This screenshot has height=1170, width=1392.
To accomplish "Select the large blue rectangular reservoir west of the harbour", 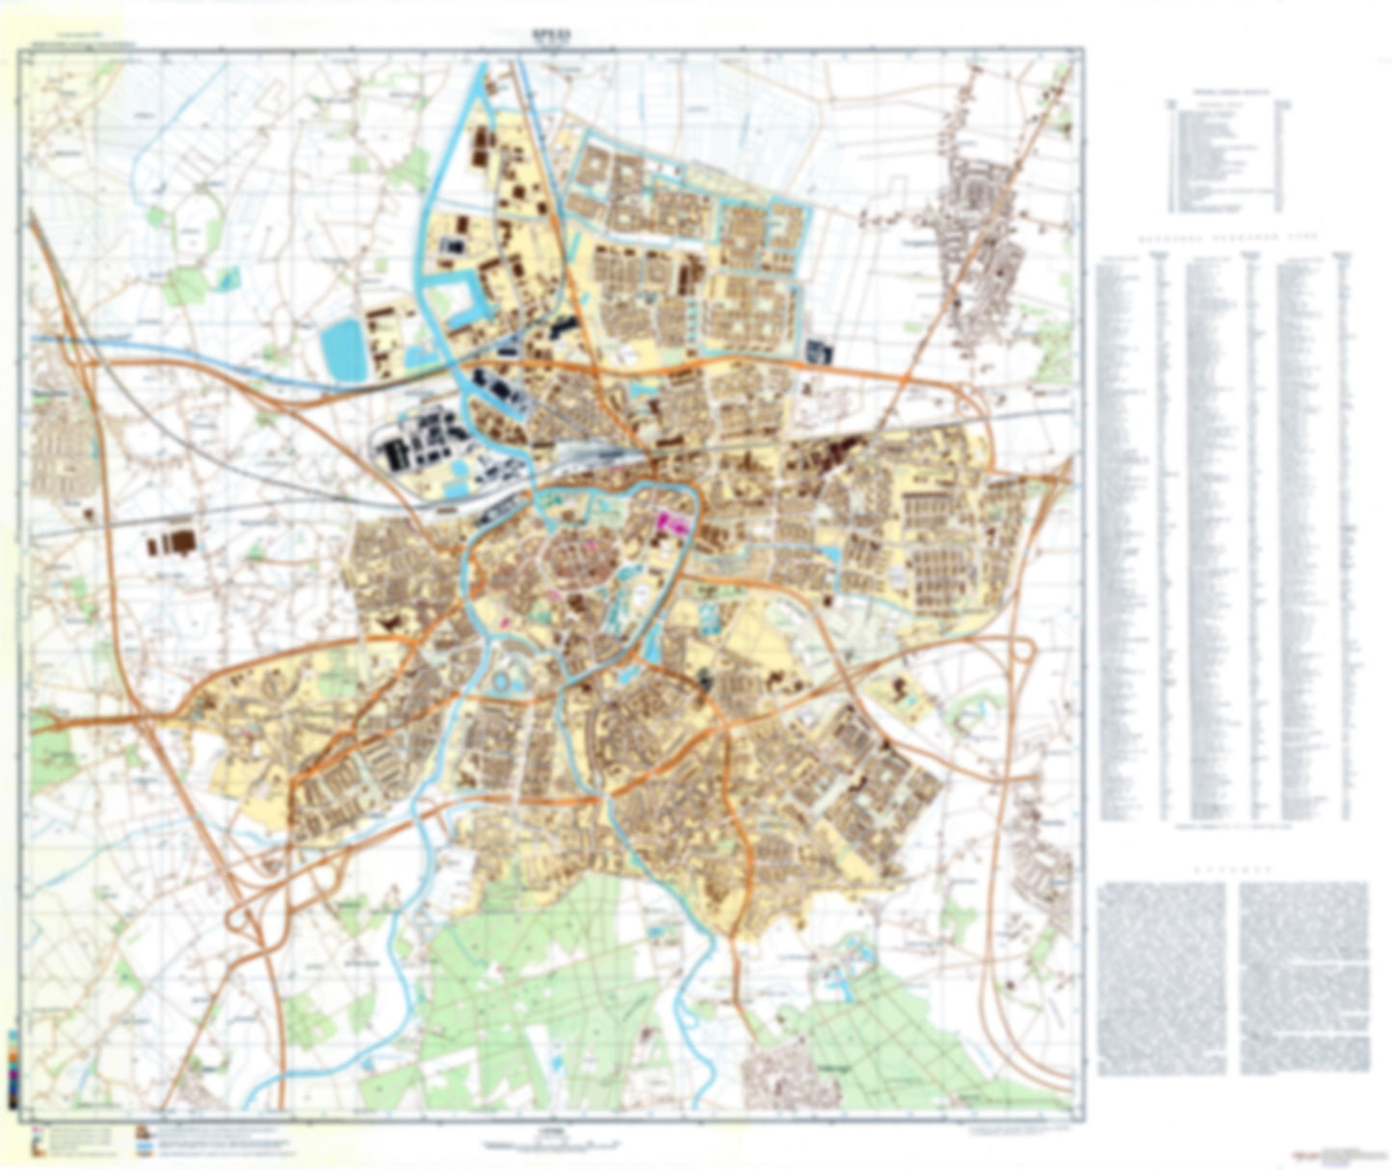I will pyautogui.click(x=343, y=350).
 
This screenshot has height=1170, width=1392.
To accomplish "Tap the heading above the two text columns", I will pyautogui.click(x=1232, y=869).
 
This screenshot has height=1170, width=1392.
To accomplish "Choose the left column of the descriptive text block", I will pyautogui.click(x=1162, y=977).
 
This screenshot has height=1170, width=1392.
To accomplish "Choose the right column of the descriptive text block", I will pyautogui.click(x=1303, y=977).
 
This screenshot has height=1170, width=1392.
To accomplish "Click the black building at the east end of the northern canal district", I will pyautogui.click(x=819, y=352).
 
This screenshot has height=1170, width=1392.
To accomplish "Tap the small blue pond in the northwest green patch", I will pyautogui.click(x=229, y=279).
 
